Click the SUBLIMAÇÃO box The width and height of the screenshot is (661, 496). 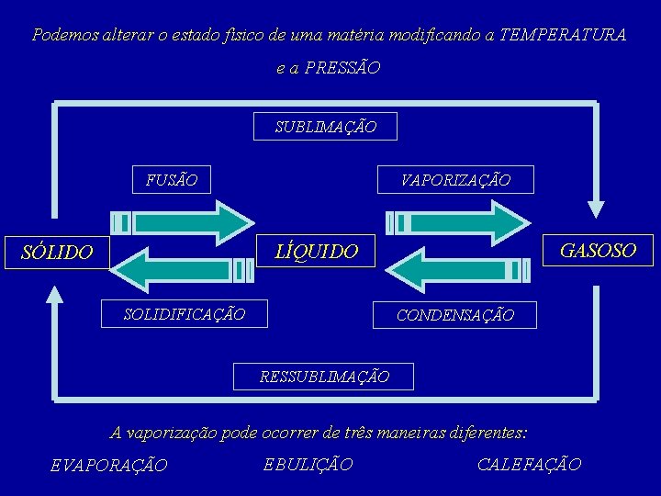pyautogui.click(x=325, y=127)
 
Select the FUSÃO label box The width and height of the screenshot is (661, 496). pyautogui.click(x=171, y=179)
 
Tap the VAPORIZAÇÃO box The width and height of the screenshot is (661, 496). pyautogui.click(x=455, y=180)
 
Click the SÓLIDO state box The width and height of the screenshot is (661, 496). pyautogui.click(x=57, y=251)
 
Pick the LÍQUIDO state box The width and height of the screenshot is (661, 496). pyautogui.click(x=317, y=251)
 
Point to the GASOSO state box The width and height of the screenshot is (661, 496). pyautogui.click(x=597, y=250)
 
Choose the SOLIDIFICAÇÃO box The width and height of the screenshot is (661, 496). pyautogui.click(x=185, y=314)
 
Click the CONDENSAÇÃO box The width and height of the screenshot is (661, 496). pyautogui.click(x=454, y=315)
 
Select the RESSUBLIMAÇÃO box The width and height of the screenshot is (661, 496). pyautogui.click(x=324, y=377)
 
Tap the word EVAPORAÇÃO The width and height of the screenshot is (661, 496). pyautogui.click(x=108, y=466)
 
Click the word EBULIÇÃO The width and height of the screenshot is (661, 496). pyautogui.click(x=308, y=465)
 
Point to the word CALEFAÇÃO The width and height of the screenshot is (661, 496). pyautogui.click(x=529, y=465)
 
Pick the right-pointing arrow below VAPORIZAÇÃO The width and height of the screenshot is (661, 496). pyautogui.click(x=459, y=221)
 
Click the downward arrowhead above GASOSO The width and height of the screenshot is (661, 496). pyautogui.click(x=598, y=209)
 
